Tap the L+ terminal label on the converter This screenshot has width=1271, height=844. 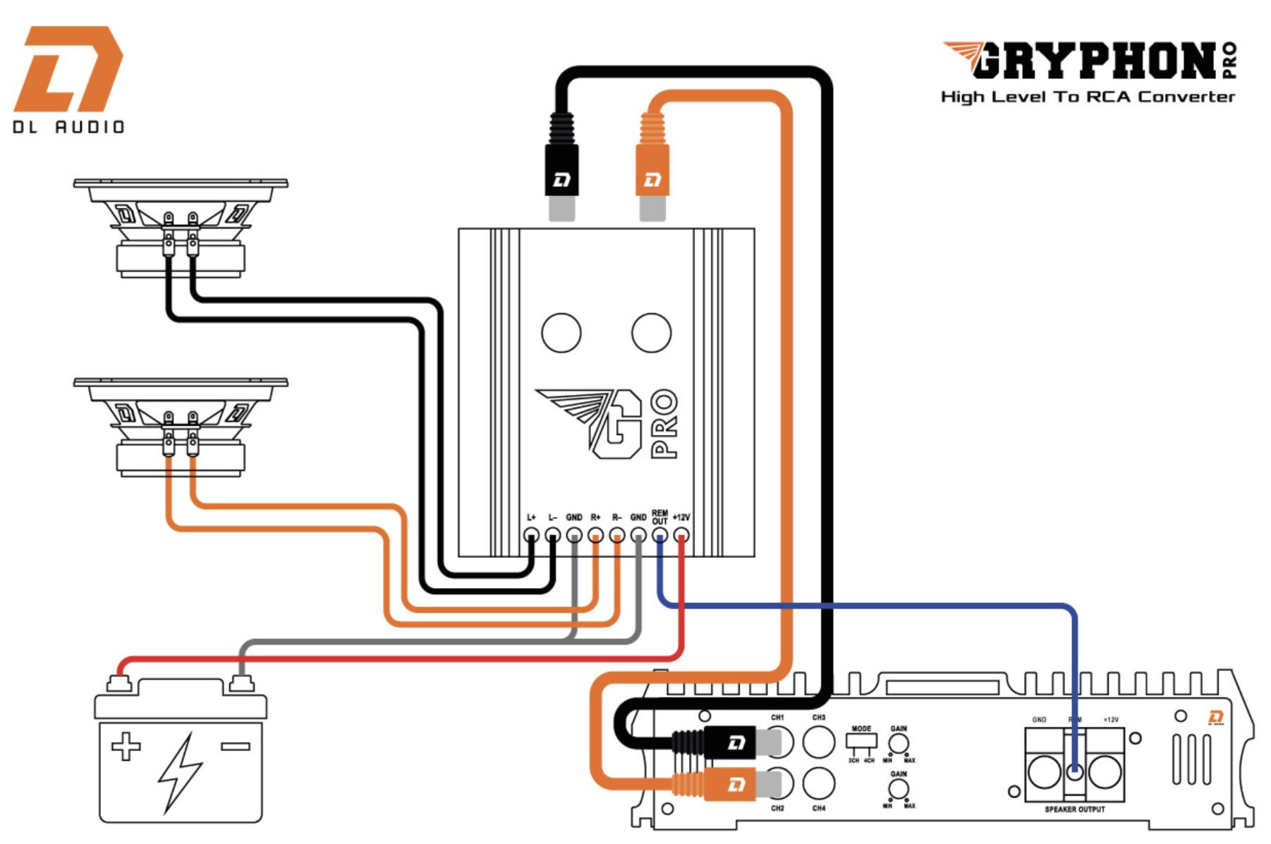click(531, 518)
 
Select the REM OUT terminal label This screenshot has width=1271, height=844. click(659, 517)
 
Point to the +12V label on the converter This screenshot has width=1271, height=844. click(681, 518)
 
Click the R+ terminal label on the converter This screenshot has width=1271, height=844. click(595, 518)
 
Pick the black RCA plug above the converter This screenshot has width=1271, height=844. click(561, 169)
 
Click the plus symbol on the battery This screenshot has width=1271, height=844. click(126, 747)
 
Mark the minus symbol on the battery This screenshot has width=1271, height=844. click(235, 746)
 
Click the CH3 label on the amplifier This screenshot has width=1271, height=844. click(819, 718)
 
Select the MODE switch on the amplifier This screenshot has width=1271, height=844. click(861, 741)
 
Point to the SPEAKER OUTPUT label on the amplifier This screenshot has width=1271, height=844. click(1074, 809)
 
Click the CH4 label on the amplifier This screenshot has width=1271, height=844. click(819, 809)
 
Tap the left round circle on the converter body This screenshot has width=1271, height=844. click(561, 333)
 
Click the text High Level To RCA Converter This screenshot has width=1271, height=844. click(1088, 97)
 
